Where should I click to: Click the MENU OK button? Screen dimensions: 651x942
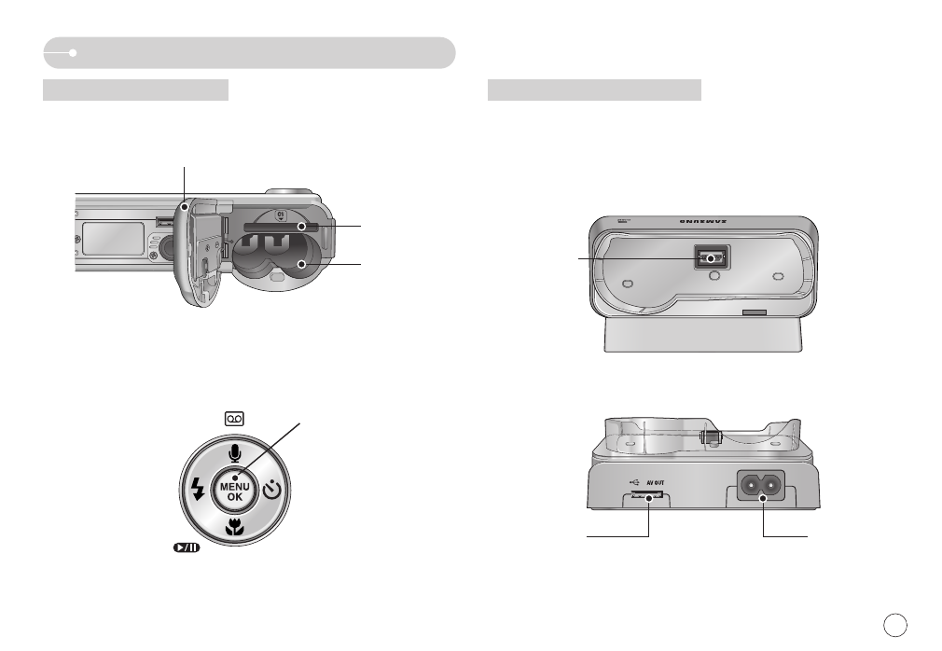tap(234, 486)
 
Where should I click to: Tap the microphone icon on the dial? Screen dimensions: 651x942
tap(234, 452)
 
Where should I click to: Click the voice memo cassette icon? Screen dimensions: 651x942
tap(234, 420)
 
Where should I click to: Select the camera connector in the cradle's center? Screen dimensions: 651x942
tap(711, 258)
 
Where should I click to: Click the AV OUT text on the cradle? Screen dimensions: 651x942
tap(658, 483)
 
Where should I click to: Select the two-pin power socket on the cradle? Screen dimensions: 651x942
tap(760, 487)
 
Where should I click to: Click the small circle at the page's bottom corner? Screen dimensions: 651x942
tap(894, 622)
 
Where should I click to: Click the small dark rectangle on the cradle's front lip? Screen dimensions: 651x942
tap(753, 313)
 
